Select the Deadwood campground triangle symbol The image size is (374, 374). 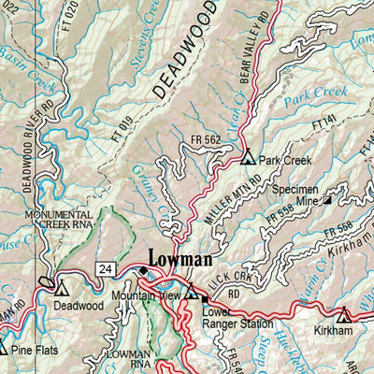point(63,289)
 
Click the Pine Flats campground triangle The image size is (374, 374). point(3,347)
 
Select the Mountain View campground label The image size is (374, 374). point(145,296)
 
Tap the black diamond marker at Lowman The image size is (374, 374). point(143,272)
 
